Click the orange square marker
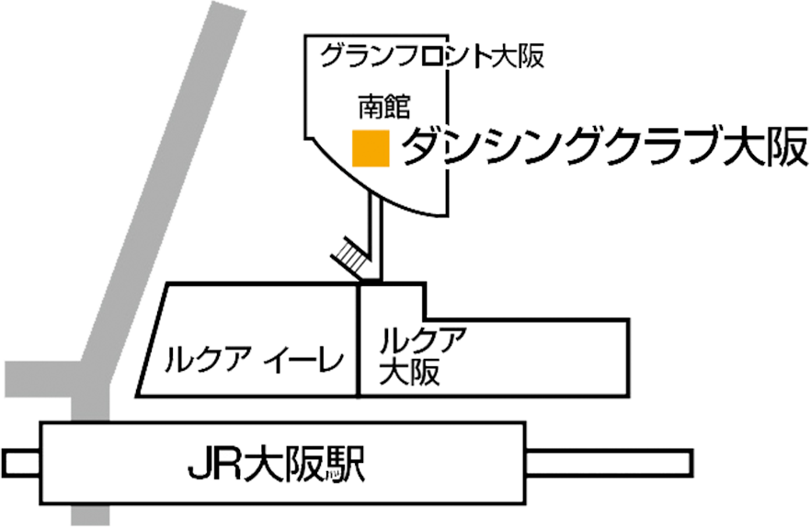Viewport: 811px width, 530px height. (371, 148)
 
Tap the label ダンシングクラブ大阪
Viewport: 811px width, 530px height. (604, 147)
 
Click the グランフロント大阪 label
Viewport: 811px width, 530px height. (432, 56)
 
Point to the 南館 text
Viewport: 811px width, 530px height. (384, 107)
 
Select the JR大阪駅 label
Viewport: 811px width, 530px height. (277, 465)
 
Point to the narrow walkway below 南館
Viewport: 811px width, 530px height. (375, 236)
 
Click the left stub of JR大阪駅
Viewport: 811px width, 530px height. (21, 463)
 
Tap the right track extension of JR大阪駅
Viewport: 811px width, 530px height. (609, 463)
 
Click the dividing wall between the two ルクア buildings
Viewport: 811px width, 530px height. (359, 340)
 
